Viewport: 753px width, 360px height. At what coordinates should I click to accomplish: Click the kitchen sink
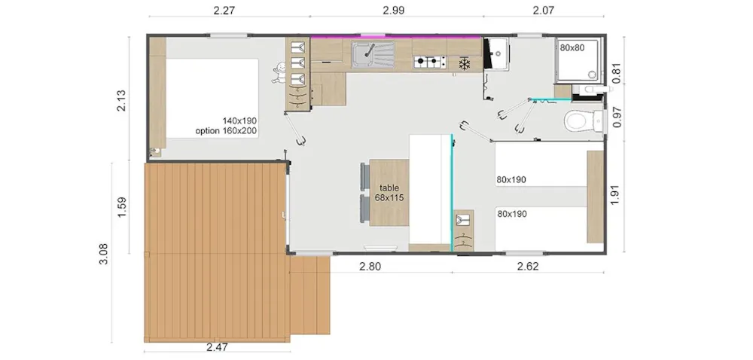click(x=373, y=55)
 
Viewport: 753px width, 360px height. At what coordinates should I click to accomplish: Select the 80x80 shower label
click(x=572, y=47)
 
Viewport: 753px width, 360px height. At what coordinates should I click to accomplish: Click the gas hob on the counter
click(x=430, y=62)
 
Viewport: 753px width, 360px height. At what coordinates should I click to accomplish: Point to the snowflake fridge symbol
click(x=464, y=64)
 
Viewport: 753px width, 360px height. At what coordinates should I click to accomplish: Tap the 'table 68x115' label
click(x=389, y=193)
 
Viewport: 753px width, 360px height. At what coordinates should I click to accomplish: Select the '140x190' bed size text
click(x=239, y=121)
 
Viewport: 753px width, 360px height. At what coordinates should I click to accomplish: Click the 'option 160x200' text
click(x=226, y=130)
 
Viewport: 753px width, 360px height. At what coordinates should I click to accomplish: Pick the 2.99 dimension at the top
click(x=393, y=10)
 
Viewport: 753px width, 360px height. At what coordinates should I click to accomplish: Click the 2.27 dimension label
click(x=224, y=10)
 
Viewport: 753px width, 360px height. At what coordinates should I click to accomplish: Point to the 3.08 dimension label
click(x=104, y=254)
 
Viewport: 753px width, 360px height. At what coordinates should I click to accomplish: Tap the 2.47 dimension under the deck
click(x=217, y=347)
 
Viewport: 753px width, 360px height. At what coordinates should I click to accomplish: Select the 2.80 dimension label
click(x=370, y=267)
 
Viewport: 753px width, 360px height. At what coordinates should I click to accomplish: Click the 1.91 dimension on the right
click(x=615, y=195)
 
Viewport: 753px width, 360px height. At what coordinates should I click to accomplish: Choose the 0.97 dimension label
click(x=617, y=117)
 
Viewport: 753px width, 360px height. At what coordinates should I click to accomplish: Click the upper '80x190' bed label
click(x=511, y=179)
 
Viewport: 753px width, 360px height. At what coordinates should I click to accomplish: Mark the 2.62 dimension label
click(x=528, y=267)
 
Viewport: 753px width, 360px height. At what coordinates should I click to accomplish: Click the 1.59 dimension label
click(x=121, y=207)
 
